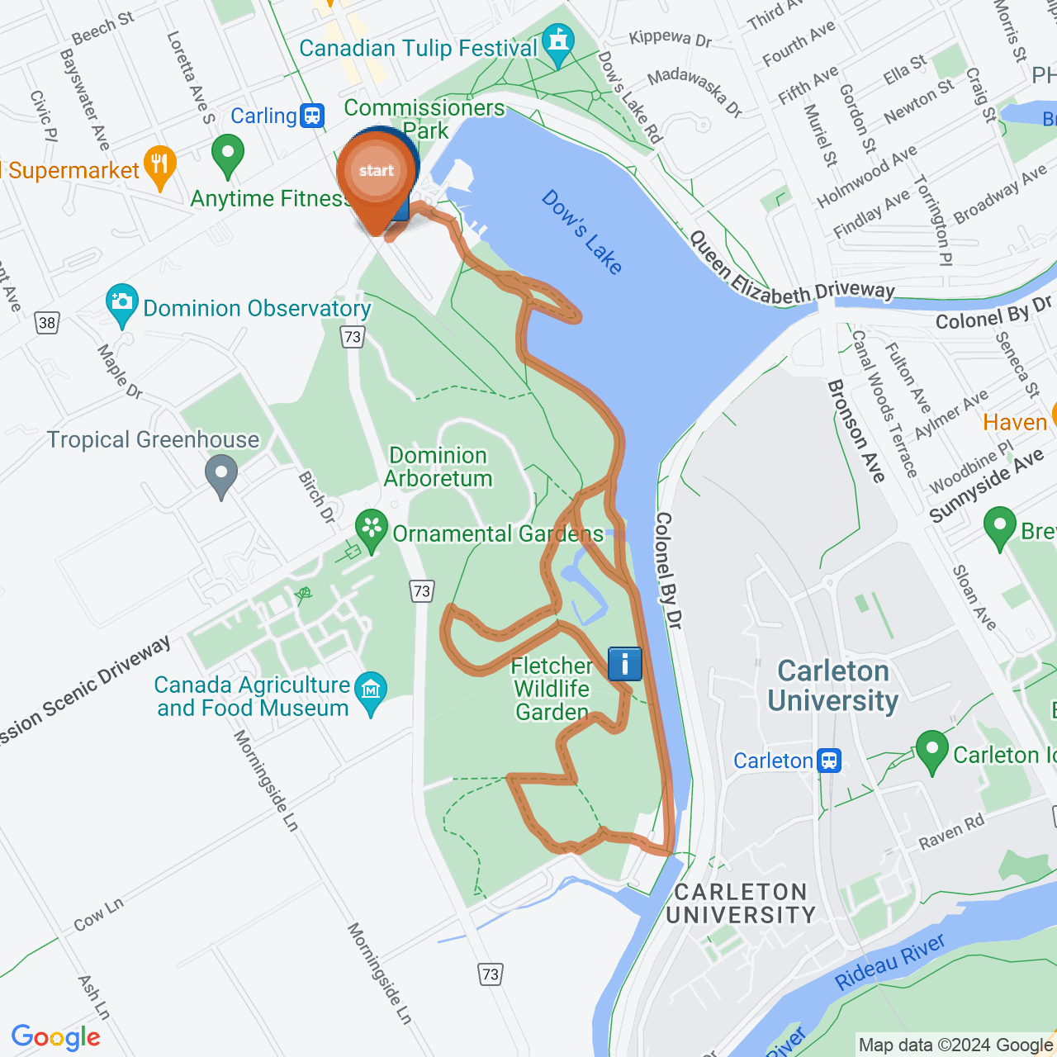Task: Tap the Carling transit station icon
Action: [x=312, y=116]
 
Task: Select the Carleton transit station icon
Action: [x=829, y=761]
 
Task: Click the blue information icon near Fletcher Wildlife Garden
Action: [x=625, y=664]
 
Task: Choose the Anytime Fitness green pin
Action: [x=228, y=154]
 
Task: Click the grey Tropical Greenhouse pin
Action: [x=220, y=476]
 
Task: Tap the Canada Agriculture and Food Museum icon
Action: [x=371, y=690]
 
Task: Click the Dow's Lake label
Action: [x=582, y=232]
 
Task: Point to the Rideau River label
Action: [x=889, y=962]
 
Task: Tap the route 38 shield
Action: [x=48, y=323]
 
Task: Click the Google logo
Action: [x=56, y=1037]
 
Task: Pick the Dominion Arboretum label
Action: [x=438, y=467]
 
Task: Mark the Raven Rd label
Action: [x=951, y=832]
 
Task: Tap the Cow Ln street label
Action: [x=98, y=914]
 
